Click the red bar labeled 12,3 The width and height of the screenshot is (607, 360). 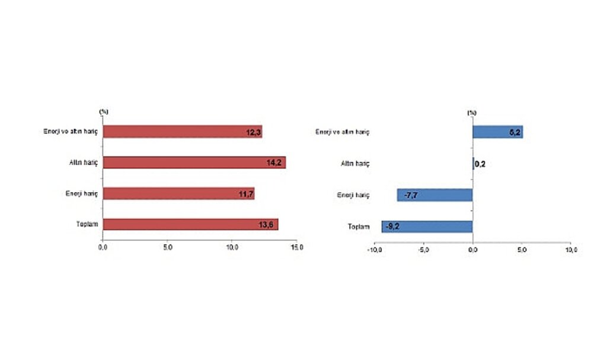pos(183,132)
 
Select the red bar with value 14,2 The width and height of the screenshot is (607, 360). pos(194,163)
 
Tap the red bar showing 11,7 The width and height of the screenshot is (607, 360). pos(179,193)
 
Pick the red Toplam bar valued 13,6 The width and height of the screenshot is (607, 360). pos(190,224)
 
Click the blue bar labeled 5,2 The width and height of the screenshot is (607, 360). pos(497,132)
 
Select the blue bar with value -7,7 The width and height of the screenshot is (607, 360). pos(435,195)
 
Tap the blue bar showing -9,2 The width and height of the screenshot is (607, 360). pos(427,226)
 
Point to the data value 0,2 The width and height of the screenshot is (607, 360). pos(480,164)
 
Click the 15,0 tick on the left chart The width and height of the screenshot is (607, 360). pos(296,248)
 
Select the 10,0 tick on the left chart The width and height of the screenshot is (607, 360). pos(232,248)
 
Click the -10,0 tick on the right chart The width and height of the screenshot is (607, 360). pos(375,250)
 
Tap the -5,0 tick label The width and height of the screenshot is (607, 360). pos(424,250)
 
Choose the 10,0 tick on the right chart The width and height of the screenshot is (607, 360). pos(570,250)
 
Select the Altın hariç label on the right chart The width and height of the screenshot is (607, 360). pos(356,163)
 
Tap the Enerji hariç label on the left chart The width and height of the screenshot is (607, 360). pos(81,193)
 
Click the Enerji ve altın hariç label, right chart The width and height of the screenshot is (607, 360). pos(343,132)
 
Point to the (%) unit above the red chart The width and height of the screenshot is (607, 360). pos(104,111)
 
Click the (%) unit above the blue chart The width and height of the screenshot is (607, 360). pos(471,112)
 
